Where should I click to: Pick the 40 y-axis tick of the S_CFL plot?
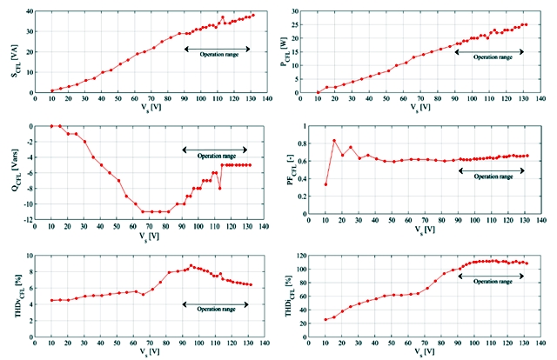click(x=27, y=11)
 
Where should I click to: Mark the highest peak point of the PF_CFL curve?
click(x=334, y=141)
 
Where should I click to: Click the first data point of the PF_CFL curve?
click(x=325, y=183)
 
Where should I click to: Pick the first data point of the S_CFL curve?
click(x=52, y=90)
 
